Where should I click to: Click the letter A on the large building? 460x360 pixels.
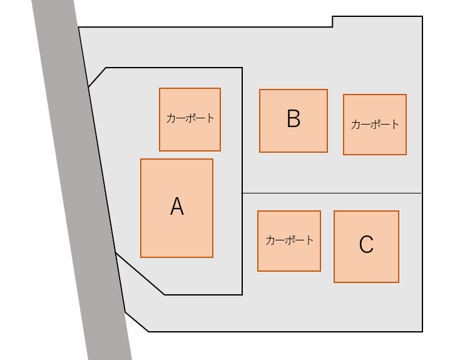coord(177,207)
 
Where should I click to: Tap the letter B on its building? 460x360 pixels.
coord(294,119)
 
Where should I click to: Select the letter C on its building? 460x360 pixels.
coord(366,245)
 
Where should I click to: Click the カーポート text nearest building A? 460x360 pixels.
coord(190,118)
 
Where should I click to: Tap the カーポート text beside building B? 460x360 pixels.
coord(375,124)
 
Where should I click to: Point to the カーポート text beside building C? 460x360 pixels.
coord(289,240)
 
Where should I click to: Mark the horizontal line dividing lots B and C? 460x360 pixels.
coord(332,193)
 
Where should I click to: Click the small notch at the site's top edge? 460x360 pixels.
coord(332,22)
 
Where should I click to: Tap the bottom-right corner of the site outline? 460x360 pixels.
coord(422,331)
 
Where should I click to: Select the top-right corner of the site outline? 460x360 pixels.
coord(422,16)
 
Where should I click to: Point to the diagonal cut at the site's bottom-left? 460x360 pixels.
coord(136,322)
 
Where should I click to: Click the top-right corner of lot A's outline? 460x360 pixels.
coord(242,68)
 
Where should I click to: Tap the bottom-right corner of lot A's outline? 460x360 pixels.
coord(242,294)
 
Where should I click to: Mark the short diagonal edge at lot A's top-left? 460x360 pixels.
coord(97,77)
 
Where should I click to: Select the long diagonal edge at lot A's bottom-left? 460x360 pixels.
coord(140,274)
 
